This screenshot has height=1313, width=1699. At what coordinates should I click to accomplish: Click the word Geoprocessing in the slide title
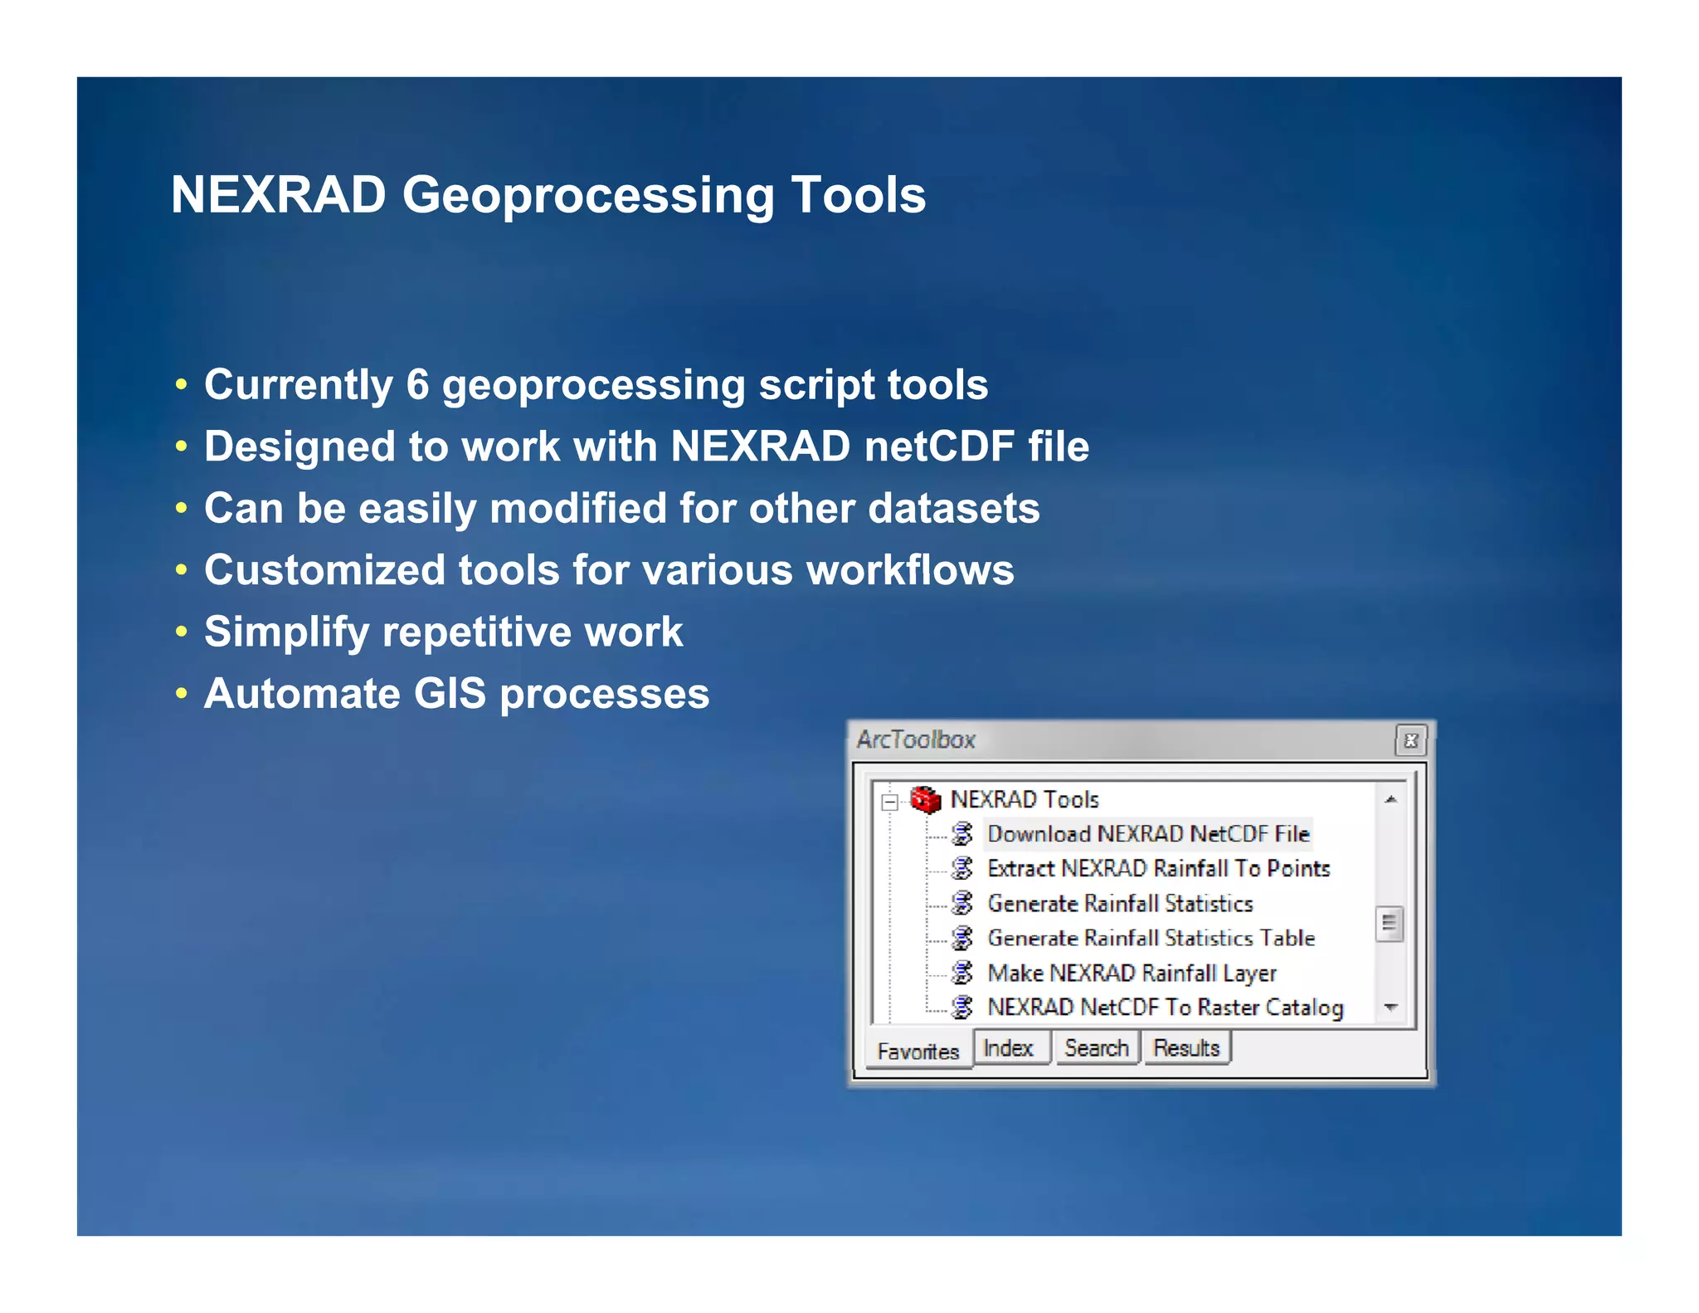coord(587,196)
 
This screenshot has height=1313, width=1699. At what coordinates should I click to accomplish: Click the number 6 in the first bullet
coord(417,385)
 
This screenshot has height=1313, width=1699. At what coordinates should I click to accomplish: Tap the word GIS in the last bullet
coord(449,694)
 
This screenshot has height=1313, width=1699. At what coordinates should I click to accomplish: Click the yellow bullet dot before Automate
coord(182,693)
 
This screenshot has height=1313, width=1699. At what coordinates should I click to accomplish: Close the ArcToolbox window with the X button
coord(1410,739)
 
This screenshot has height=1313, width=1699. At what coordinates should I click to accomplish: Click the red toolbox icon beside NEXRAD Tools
coord(925,799)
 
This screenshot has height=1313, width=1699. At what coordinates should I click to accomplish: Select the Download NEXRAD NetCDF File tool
coord(1147,834)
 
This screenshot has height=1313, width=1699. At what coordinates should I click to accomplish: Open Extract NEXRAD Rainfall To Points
coord(1158,869)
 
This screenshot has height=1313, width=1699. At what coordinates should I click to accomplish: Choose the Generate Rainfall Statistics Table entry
coord(1151,938)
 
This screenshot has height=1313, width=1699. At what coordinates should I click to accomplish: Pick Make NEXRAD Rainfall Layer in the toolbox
coord(1132,973)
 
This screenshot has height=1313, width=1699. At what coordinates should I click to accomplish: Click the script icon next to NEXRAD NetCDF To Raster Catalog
coord(962,1008)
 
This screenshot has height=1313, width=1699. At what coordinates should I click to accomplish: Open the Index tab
coord(1008,1048)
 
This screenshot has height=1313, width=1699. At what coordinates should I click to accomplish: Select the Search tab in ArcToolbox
coord(1096,1048)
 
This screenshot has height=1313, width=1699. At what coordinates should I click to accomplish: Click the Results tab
coord(1186,1048)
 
